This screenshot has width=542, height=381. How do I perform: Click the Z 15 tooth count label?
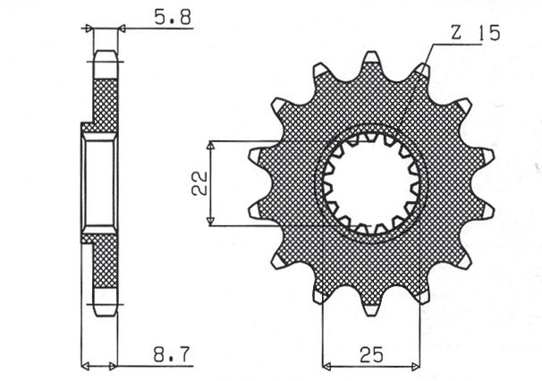coord(475,33)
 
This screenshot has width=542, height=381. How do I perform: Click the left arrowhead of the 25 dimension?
coord(326,366)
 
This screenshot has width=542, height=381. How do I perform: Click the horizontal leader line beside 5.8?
coord(157,29)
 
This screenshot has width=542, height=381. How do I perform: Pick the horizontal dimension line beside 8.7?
coord(157,366)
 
